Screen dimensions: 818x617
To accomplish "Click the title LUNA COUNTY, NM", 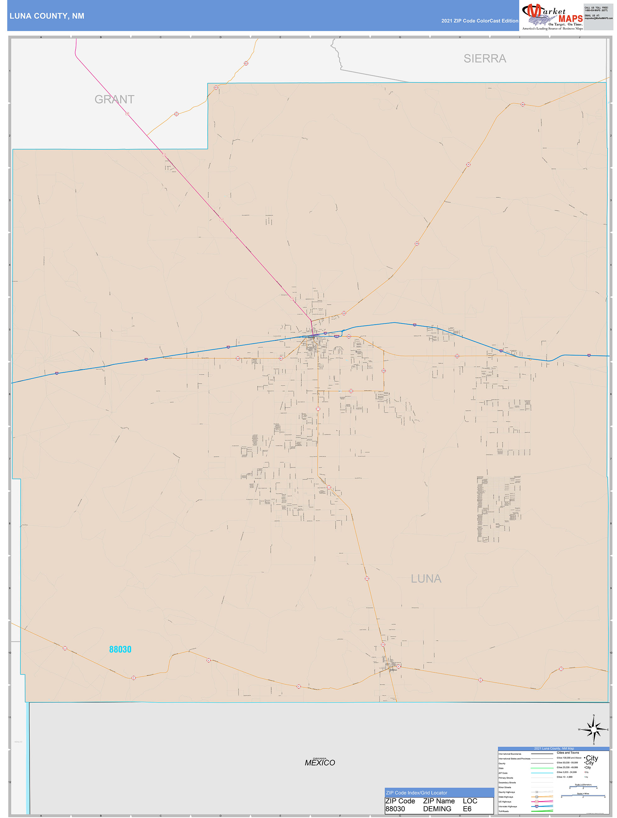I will click(47, 16).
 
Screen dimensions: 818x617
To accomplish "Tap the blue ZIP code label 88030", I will click(120, 649).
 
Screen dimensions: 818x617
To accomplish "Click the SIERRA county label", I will click(485, 59).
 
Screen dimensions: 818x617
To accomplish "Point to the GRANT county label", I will click(114, 99).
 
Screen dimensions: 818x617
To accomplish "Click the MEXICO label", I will click(320, 763).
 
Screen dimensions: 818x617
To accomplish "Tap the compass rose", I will click(593, 730).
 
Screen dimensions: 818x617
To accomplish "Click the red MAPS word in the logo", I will click(570, 19).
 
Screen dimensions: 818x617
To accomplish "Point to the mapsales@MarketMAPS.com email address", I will click(598, 18).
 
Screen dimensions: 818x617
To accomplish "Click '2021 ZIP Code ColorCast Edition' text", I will click(480, 21).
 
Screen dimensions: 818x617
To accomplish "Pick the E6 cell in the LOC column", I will click(467, 809).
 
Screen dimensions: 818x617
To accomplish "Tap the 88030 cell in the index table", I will click(395, 809).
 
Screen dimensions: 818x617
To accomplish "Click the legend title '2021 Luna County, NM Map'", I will click(554, 748).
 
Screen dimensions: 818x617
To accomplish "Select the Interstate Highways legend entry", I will click(507, 806).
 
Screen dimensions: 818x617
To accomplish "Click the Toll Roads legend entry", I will click(503, 811).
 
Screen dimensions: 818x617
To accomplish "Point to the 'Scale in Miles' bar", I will click(583, 795).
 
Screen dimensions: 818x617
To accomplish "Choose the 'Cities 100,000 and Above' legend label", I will click(569, 758).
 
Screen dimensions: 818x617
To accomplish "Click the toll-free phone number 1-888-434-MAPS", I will click(596, 10).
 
